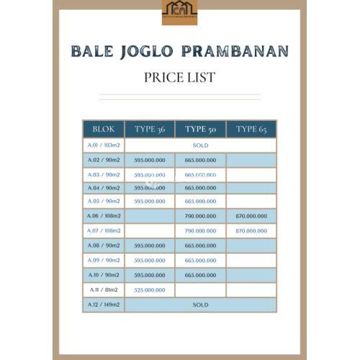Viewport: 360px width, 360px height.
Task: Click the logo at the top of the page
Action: coord(179,12)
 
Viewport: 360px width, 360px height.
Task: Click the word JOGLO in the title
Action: coord(142,52)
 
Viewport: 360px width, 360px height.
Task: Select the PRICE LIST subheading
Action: coord(179,77)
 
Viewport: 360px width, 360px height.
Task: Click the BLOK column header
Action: coord(103,129)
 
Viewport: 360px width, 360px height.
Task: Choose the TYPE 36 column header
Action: coord(150,129)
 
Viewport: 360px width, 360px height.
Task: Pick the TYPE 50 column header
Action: coord(200,129)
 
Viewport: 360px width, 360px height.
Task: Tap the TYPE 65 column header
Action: coord(251,129)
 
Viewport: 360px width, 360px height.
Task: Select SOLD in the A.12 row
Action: coord(200,305)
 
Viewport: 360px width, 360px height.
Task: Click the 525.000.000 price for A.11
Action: coord(150,290)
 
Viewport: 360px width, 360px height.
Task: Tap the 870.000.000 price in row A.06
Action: coord(251,215)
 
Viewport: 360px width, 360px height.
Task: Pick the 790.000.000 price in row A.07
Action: coord(200,230)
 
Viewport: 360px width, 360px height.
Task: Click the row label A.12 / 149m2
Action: coord(103,305)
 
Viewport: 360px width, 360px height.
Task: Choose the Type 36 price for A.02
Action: coord(150,161)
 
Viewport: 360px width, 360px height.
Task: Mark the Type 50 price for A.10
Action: coord(200,274)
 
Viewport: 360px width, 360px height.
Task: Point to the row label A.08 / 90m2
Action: coord(103,246)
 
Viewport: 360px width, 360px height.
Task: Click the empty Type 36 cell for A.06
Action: coord(150,215)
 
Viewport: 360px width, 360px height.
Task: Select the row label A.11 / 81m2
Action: coord(103,290)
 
